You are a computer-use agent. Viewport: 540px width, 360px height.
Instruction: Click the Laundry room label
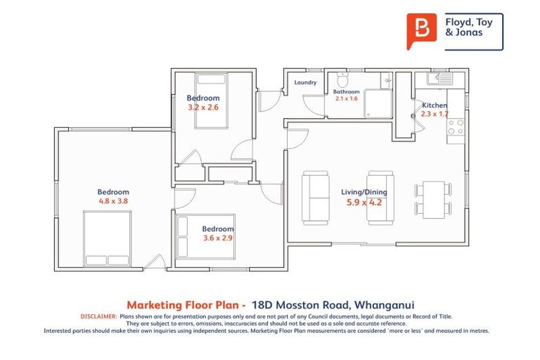coord(305,82)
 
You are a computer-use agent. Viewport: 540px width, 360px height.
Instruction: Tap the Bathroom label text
coord(346,91)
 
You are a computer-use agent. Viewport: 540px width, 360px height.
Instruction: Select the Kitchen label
coord(434,105)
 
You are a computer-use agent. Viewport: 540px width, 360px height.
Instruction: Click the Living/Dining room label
coord(364,192)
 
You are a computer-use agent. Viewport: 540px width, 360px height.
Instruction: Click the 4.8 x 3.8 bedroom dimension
coord(113,200)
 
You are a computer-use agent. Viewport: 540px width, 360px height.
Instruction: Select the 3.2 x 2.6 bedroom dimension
coord(202,108)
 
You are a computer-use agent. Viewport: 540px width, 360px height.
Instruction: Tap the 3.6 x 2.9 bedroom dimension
coord(217,238)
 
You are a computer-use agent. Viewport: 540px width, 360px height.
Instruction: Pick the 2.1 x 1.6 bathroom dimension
coord(345,99)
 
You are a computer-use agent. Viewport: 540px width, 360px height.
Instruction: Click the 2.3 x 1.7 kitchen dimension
coord(434,113)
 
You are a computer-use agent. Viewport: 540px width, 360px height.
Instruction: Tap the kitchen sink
coord(442,79)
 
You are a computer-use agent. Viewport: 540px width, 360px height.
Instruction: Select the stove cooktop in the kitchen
coord(456,127)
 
